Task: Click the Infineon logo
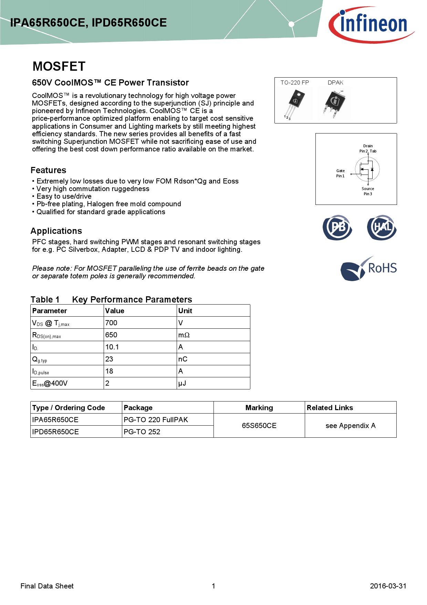tap(371, 24)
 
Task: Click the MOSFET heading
tap(59, 66)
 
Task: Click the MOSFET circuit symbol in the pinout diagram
tap(367, 169)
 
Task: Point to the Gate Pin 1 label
tap(340, 173)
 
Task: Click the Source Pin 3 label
tap(368, 191)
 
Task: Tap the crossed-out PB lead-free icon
tap(337, 227)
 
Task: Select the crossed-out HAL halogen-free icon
tap(382, 227)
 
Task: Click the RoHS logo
tap(368, 268)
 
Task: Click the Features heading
tap(48, 170)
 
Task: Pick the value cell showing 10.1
tap(112, 347)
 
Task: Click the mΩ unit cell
tap(184, 335)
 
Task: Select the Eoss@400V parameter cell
tap(50, 383)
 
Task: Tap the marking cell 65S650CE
tap(259, 426)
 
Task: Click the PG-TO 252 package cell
tap(142, 432)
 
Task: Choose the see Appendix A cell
tap(350, 426)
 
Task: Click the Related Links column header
tap(330, 408)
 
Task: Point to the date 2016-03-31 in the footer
tap(388, 586)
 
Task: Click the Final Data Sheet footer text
tap(47, 586)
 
